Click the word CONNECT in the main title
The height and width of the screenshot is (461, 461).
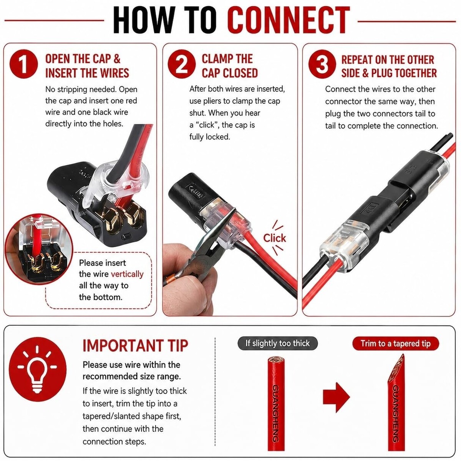[288, 20]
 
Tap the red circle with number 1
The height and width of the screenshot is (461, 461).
[24, 64]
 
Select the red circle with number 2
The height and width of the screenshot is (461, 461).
[182, 64]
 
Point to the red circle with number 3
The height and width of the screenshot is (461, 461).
[322, 64]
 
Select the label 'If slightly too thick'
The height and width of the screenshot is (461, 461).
[277, 343]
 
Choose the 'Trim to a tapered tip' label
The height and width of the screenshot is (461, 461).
[396, 343]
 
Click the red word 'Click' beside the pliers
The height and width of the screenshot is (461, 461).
[275, 238]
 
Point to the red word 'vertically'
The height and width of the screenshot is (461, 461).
[127, 274]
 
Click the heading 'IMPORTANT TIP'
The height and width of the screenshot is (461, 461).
[135, 346]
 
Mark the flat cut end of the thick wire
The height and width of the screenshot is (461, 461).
[276, 360]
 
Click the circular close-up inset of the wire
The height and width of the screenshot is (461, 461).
[39, 249]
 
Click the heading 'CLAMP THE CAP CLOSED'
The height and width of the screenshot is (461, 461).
[230, 66]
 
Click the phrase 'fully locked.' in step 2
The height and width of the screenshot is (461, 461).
[210, 137]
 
